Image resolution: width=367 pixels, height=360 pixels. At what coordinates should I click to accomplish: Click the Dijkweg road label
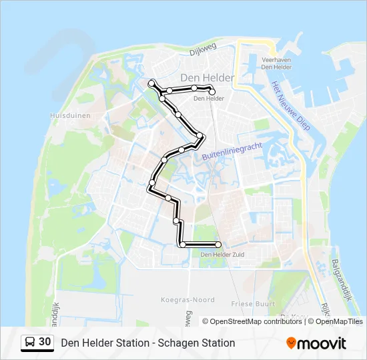(204, 49)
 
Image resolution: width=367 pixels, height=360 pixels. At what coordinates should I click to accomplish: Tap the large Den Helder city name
(208, 77)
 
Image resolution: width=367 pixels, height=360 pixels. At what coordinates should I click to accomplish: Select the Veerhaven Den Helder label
(276, 63)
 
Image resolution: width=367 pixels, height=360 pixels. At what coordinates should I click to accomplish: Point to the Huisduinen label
(70, 115)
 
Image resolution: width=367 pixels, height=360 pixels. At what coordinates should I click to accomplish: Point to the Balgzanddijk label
(341, 279)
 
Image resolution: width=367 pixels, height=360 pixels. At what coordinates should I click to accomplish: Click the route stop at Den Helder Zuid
(218, 245)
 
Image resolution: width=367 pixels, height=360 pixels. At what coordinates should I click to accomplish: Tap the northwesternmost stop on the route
(151, 83)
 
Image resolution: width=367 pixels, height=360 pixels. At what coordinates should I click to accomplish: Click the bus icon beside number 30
(29, 343)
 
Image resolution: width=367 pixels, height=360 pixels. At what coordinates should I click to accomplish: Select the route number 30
(45, 342)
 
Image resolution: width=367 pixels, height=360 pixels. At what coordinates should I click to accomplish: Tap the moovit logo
(316, 343)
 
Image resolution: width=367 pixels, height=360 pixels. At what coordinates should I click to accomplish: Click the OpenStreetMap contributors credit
(252, 321)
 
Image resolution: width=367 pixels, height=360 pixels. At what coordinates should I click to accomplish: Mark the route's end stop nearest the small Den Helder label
(212, 91)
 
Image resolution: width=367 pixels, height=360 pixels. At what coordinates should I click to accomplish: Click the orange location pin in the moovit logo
(291, 343)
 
